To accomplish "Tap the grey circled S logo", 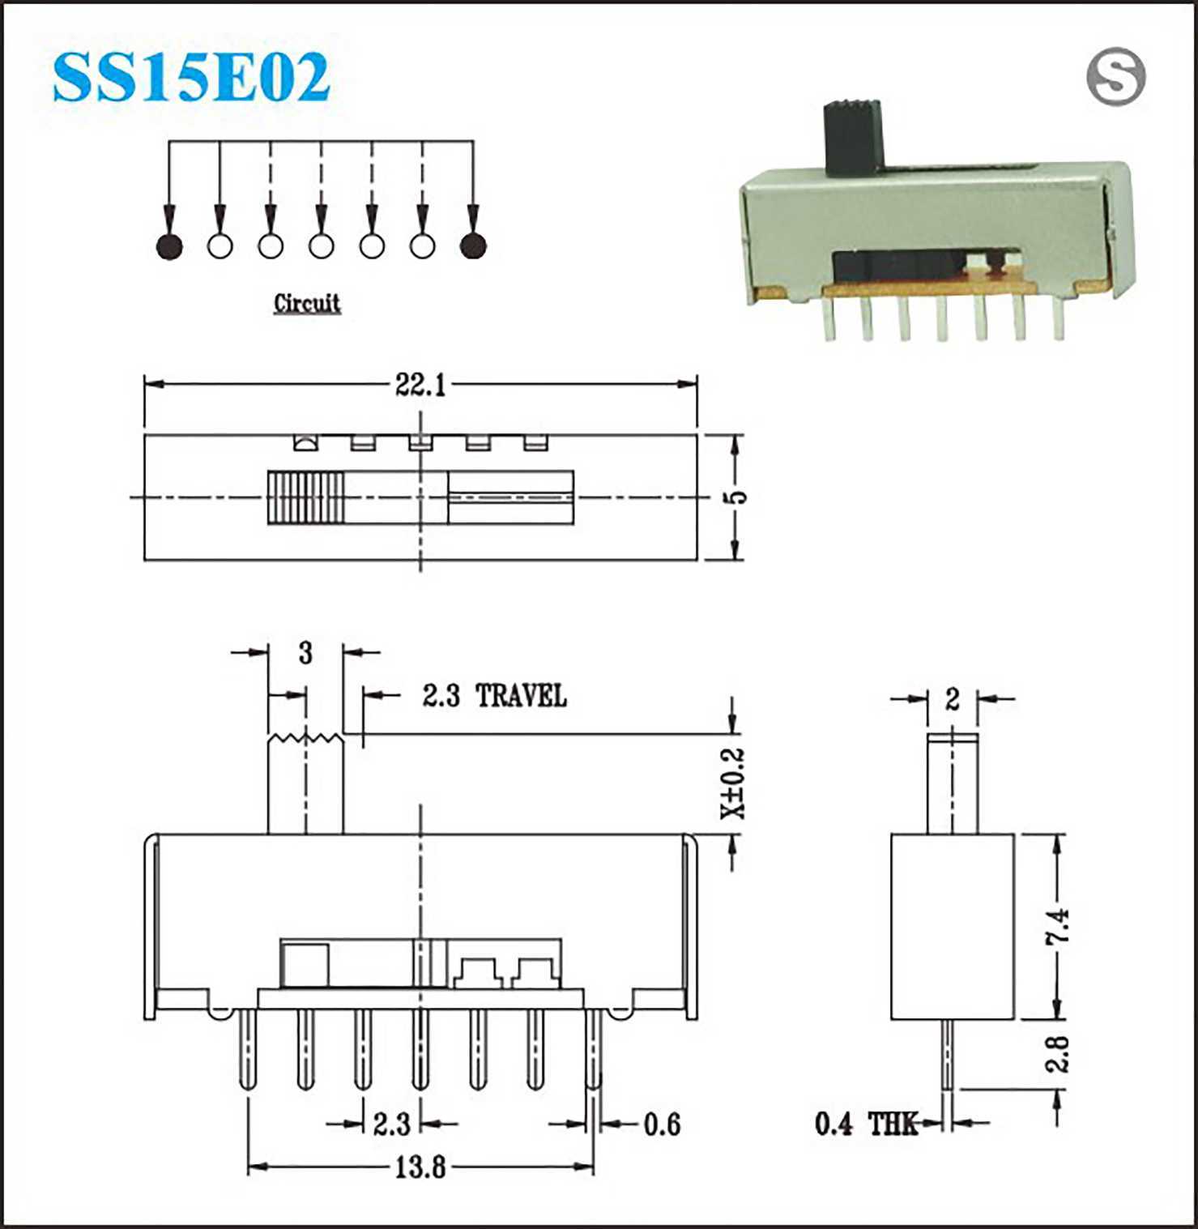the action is point(1115,77).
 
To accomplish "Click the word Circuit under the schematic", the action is point(307,303).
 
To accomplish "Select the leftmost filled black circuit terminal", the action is point(169,245).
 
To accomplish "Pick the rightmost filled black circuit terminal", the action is point(473,245).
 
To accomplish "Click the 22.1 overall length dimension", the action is point(420,384).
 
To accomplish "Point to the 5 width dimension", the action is point(735,497).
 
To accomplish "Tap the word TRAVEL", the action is point(521,695).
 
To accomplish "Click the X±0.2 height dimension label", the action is point(732,783).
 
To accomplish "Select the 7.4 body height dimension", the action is point(1057,926).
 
